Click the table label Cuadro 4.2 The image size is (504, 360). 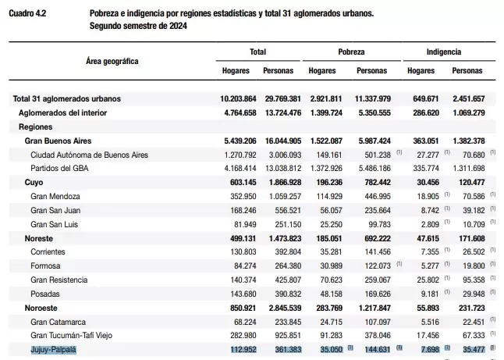tap(27, 13)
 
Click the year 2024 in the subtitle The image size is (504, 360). tap(178, 26)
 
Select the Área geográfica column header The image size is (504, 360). tap(112, 61)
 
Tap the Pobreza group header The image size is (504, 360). tap(351, 52)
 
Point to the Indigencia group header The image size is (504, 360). tap(444, 52)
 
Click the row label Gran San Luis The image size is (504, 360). tap(55, 224)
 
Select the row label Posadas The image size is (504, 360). tap(45, 294)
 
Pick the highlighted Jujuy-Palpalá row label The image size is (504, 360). tap(54, 349)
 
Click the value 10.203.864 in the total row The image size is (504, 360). tap(238, 98)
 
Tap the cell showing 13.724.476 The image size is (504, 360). tap(283, 113)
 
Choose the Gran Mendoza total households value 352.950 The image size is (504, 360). tap(243, 196)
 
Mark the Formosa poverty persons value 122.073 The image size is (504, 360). tap(378, 266)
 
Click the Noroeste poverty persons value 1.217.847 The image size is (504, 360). tap(374, 308)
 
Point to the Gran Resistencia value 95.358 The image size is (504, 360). tap(474, 280)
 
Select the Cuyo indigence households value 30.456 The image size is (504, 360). tap(428, 183)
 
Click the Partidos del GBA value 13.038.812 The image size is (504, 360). tap(283, 168)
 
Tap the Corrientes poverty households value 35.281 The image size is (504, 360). tap(331, 252)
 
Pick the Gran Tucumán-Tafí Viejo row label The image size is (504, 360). tap(71, 336)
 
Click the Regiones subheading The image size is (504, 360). tap(36, 127)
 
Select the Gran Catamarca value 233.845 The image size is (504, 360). tap(288, 322)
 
